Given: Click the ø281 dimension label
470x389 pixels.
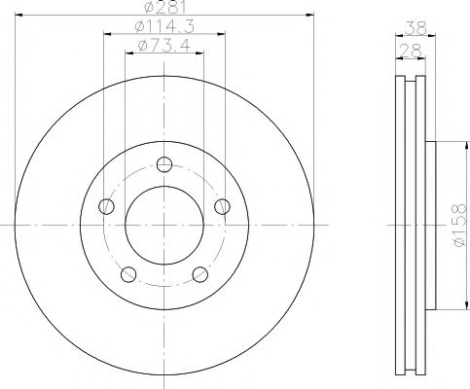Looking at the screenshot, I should point(164,8).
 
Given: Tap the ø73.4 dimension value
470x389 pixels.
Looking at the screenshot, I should point(163,45).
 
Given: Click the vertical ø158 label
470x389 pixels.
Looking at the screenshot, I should point(457,226).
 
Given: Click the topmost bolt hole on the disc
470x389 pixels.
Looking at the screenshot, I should point(163,162).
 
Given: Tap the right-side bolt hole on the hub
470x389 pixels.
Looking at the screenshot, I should point(223,205).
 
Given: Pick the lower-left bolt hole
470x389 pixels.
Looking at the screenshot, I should point(127,273).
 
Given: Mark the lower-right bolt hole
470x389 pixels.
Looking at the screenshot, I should point(199,273).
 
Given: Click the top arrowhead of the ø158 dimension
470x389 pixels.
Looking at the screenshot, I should point(450,144).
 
